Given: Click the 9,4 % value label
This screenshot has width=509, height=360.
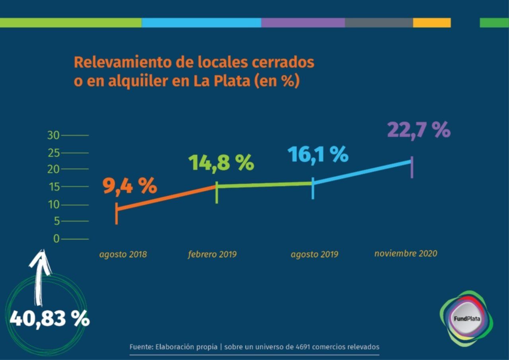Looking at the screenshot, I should [x=130, y=186].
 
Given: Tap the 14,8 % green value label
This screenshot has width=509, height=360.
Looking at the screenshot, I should [x=221, y=162].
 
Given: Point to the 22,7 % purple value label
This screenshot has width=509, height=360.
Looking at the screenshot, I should [x=418, y=130].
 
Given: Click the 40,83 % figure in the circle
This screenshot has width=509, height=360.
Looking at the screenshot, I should [x=49, y=318].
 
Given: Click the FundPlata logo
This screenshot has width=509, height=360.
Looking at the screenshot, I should [x=466, y=319].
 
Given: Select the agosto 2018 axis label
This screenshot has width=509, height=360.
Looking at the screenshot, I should [x=123, y=254].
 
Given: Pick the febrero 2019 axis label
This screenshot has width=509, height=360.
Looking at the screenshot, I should [x=212, y=254].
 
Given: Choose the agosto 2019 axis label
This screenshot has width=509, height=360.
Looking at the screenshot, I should [x=315, y=254].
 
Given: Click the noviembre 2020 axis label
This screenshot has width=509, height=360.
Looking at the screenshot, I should [x=406, y=253].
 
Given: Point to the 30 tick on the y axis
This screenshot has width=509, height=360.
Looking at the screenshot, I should [x=53, y=135].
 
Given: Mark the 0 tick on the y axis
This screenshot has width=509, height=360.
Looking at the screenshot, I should [x=56, y=239].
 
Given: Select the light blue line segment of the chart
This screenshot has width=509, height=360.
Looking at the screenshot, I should [x=362, y=172].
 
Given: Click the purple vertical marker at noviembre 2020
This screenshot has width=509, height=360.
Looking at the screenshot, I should [x=412, y=167].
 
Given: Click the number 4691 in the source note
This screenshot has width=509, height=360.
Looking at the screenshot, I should [x=303, y=347].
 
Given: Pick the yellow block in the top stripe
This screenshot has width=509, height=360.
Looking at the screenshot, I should [x=432, y=23].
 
